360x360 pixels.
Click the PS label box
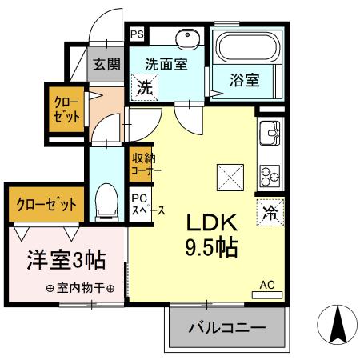[137, 34]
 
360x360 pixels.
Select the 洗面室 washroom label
[166, 64]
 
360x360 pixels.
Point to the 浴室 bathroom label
[244, 80]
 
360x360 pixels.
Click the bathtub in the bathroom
[246, 54]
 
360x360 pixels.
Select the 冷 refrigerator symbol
[270, 213]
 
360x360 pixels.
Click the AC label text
[266, 283]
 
